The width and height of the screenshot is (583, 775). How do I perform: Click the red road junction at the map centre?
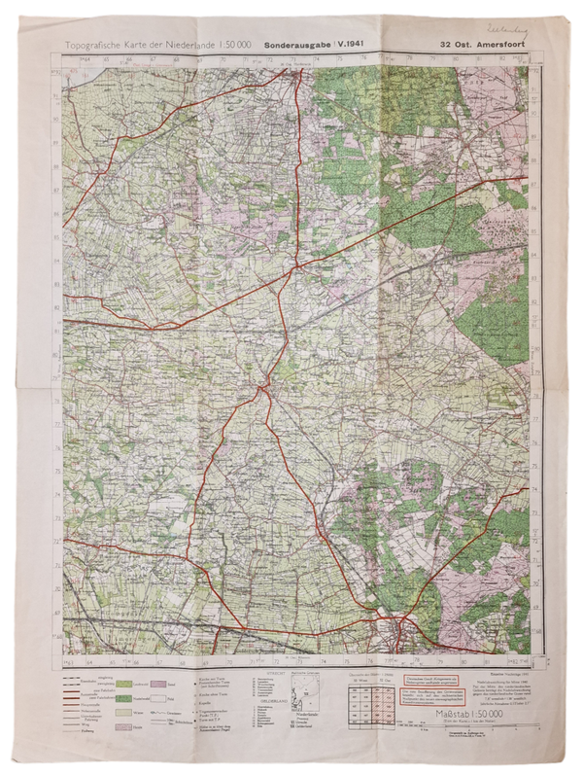coord(263,388)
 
